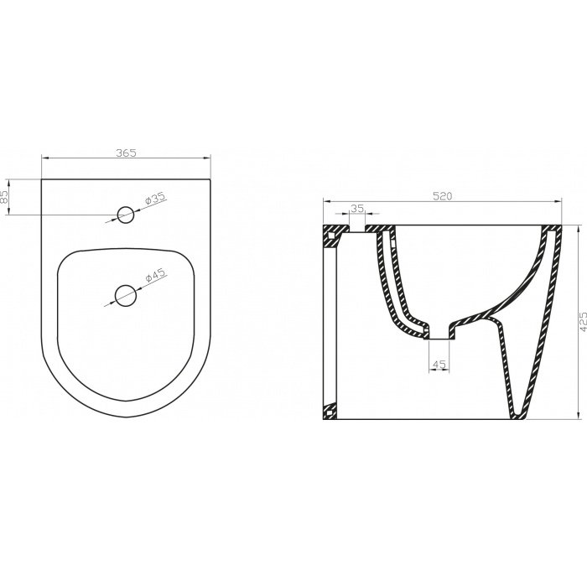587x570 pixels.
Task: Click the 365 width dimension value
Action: pos(125,153)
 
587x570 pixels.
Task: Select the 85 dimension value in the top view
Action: pos(6,199)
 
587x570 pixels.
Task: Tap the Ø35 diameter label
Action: pos(156,199)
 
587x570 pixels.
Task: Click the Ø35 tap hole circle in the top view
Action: pos(126,215)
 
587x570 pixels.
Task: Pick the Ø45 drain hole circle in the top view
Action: pos(125,294)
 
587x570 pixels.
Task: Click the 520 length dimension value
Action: pos(443,196)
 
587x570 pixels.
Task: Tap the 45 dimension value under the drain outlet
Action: pos(439,365)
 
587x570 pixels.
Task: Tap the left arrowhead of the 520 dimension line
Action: pos(328,202)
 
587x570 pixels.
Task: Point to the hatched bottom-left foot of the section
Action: pos(330,412)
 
